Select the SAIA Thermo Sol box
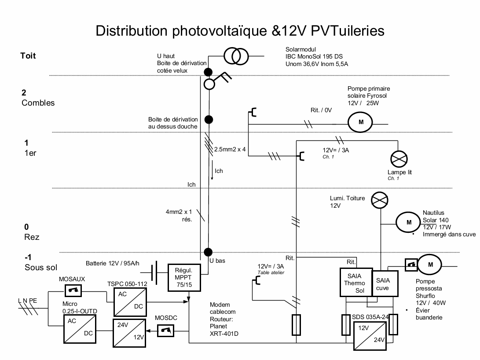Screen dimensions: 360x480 click(355, 282)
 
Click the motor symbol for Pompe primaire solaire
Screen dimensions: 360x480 click(360, 122)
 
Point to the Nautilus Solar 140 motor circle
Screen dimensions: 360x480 click(409, 222)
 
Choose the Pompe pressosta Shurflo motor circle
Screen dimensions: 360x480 click(430, 264)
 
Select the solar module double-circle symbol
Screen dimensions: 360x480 click(236, 56)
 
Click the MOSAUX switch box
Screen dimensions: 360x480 click(71, 290)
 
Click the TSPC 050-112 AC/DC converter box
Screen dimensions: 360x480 click(130, 301)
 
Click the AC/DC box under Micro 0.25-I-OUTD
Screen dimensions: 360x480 click(80, 328)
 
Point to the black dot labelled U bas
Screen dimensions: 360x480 click(209, 252)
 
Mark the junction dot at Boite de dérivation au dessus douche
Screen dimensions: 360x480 click(209, 119)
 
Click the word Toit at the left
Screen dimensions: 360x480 click(28, 56)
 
